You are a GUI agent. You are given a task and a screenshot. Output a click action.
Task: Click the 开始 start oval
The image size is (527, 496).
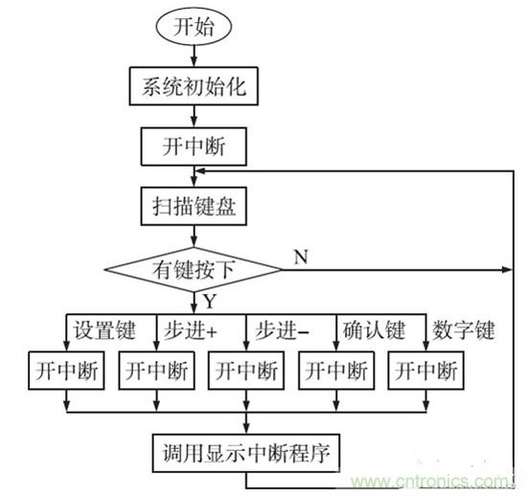pos(194,27)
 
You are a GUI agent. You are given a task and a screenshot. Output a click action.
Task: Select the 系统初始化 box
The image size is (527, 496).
pos(194,86)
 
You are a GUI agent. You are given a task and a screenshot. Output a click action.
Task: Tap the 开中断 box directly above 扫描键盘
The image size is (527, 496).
pos(194,147)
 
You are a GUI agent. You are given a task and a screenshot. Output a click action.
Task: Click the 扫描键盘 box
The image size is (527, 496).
pos(194,206)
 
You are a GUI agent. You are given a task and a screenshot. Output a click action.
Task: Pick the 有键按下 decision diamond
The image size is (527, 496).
pos(194,270)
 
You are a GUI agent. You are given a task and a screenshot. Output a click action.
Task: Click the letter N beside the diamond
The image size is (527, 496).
pos(301,258)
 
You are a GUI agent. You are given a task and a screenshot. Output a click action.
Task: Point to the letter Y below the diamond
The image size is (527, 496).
pos(210,302)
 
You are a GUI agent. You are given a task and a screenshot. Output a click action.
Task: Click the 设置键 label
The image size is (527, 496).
pos(104,330)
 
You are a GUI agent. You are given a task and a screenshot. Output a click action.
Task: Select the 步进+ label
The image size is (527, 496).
pos(191,330)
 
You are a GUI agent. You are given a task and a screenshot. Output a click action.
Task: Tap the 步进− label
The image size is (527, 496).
pos(282,330)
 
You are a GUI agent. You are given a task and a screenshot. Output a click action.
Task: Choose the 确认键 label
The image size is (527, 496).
pos(374,330)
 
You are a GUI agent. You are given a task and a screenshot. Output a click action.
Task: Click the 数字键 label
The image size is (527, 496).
pos(464,330)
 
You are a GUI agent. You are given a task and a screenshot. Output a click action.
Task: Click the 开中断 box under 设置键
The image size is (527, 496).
pos(66,371)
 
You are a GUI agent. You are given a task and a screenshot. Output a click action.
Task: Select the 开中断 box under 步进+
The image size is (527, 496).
pos(156,371)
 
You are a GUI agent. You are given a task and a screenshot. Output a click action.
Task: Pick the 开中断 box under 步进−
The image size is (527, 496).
pos(246,371)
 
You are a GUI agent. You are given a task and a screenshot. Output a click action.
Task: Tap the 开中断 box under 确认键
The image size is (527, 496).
pos(336,371)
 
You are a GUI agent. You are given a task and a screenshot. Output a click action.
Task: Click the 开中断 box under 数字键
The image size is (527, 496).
pos(426,371)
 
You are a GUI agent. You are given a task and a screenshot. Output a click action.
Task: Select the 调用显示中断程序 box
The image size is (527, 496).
pos(246,453)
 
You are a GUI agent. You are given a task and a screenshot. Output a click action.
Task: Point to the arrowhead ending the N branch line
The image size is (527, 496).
pos(507,269)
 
